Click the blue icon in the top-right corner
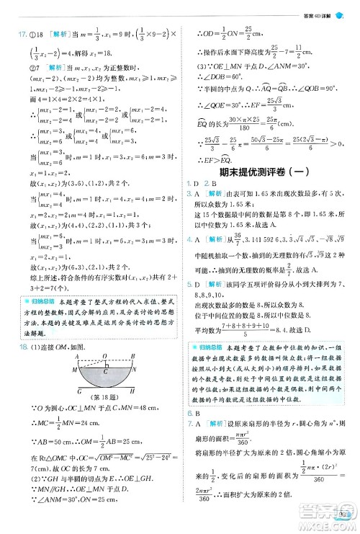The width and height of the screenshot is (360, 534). click(x=350, y=6)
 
